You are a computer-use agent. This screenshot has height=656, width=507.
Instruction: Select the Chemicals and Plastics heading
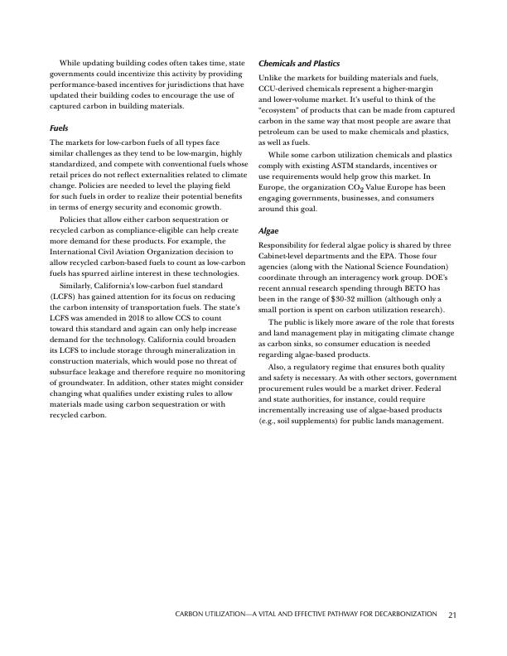[x=300, y=63]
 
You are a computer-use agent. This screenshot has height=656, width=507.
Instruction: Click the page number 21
[x=452, y=615]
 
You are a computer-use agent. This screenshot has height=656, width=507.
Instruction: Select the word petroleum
[x=278, y=131]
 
